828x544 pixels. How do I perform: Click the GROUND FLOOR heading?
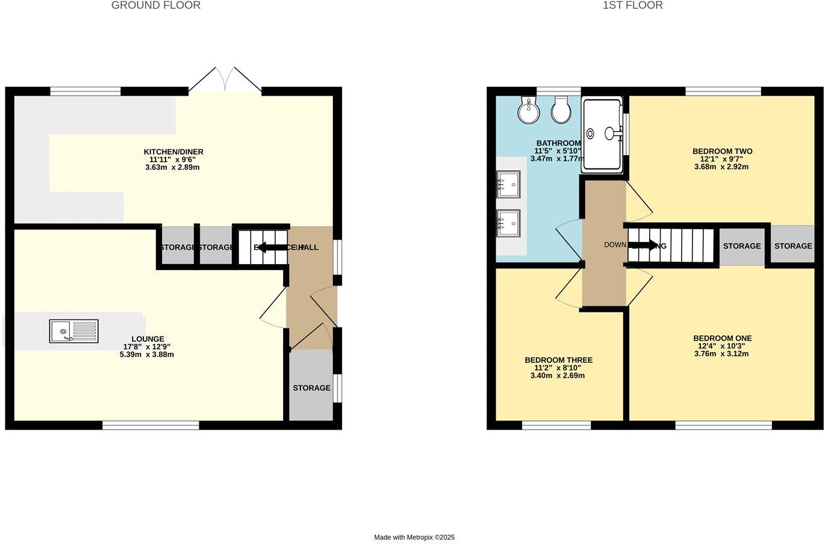(x=156, y=5)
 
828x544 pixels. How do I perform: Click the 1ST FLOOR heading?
(x=632, y=5)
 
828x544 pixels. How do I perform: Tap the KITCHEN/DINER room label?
(x=173, y=152)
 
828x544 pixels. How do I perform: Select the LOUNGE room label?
(x=148, y=339)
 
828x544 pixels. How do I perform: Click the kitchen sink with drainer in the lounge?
(x=74, y=330)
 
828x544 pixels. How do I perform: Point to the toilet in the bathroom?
(x=561, y=110)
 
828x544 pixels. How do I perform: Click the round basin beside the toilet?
(x=529, y=111)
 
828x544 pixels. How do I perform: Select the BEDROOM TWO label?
(x=722, y=152)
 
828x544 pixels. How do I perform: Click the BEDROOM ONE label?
(x=722, y=339)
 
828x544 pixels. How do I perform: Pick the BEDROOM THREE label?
(x=558, y=360)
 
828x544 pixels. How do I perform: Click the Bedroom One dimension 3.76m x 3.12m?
(x=721, y=354)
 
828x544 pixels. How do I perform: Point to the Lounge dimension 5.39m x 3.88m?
(x=147, y=355)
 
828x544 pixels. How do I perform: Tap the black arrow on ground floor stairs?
(x=272, y=247)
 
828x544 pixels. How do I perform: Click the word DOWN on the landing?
(x=615, y=245)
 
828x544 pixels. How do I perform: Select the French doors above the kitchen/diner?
(x=225, y=80)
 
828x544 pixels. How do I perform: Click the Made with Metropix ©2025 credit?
(x=414, y=537)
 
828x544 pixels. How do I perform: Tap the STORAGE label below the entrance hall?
(x=311, y=388)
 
